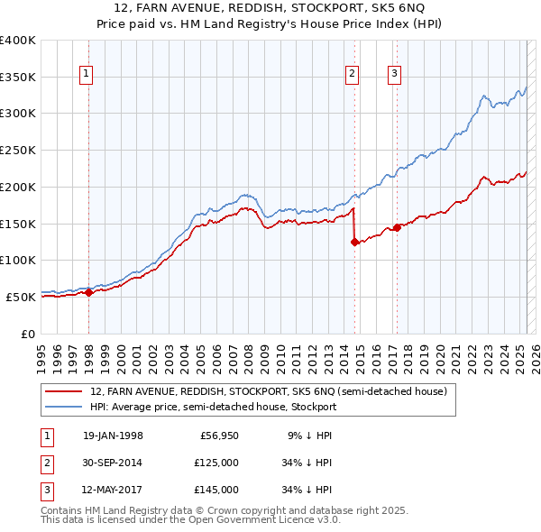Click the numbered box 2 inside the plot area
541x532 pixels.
[x=352, y=75]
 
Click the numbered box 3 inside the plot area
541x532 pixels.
[x=395, y=75]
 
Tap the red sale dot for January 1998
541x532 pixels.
[x=89, y=291]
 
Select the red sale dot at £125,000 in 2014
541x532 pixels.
[x=354, y=242]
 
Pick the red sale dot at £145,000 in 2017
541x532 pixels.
[x=397, y=227]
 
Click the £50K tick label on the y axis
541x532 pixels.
[x=21, y=297]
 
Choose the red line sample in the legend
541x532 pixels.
[x=65, y=392]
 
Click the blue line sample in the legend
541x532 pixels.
[x=65, y=407]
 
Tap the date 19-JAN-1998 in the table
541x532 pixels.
[x=113, y=436]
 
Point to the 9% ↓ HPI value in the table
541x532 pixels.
[x=309, y=436]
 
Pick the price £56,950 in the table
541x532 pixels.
[x=217, y=436]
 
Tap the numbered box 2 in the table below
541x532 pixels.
[x=44, y=463]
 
